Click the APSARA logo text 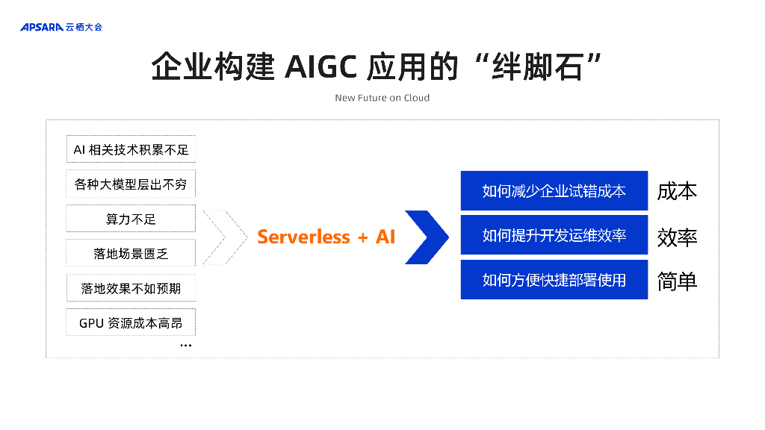[x=42, y=27]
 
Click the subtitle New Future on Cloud [x=382, y=98]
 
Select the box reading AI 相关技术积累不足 [x=131, y=149]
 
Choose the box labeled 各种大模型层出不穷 [x=131, y=184]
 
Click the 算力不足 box [x=131, y=219]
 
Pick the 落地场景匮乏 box [x=131, y=253]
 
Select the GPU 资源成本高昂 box [x=131, y=322]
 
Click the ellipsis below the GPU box [x=185, y=346]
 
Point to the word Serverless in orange [x=303, y=237]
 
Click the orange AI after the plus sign [x=385, y=237]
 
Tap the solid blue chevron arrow [x=427, y=237]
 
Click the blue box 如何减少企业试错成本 [x=554, y=191]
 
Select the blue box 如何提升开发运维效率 [x=554, y=236]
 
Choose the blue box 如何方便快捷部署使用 [x=554, y=280]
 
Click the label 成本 [x=677, y=191]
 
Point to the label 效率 [x=677, y=237]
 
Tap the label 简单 [x=677, y=281]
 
